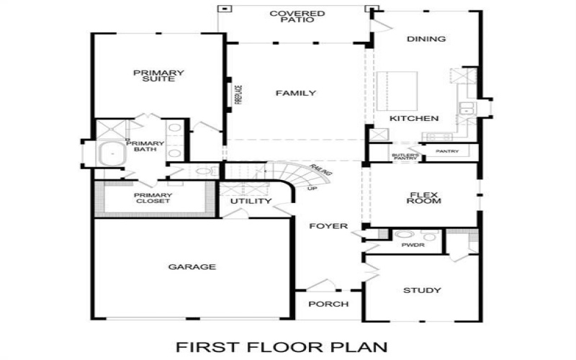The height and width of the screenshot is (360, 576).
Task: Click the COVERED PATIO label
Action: [297, 17]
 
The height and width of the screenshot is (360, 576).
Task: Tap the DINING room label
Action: [426, 39]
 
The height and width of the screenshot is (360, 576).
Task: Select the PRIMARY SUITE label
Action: [158, 76]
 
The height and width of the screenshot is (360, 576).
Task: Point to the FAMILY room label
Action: [296, 93]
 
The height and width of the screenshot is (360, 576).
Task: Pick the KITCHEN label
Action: [414, 118]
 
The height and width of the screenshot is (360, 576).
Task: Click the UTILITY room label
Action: [251, 201]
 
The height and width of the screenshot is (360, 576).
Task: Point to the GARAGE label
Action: [192, 267]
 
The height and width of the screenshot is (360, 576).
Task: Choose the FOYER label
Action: [328, 227]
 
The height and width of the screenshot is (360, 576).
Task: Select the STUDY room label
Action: [422, 291]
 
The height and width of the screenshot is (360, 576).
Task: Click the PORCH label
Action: [328, 304]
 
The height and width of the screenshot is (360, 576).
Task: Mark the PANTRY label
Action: [447, 152]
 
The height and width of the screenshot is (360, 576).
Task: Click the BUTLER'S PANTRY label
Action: [404, 156]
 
